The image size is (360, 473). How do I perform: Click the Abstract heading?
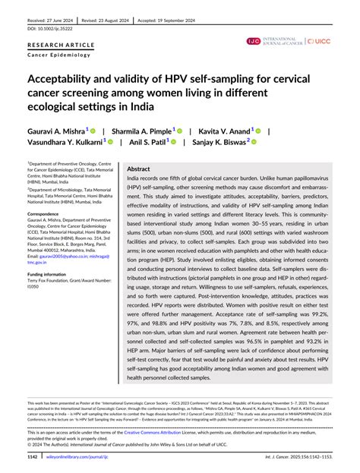(x=138, y=169)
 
